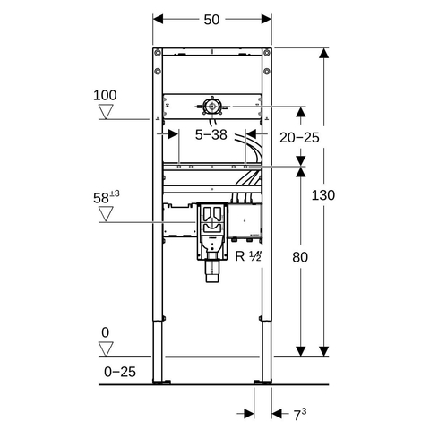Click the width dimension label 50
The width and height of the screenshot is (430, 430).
coord(211,20)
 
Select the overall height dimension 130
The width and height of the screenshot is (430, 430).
coord(323,195)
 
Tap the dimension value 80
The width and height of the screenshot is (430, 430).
coord(300,257)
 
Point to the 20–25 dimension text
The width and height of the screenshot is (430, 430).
coord(299,138)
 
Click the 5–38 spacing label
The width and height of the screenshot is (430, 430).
coord(211,134)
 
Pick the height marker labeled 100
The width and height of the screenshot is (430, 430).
coord(105,95)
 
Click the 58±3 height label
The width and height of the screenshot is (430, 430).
coord(107,197)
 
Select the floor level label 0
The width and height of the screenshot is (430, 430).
coord(106,332)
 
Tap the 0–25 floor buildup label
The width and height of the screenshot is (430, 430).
coord(120,372)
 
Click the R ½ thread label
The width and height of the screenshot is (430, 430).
coord(248,256)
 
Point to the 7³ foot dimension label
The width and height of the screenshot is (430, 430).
coord(299,415)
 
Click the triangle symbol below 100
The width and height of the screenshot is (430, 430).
coord(106,112)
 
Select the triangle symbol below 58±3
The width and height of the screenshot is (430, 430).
coord(106,214)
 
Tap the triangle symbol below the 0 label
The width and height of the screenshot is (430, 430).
coord(106,348)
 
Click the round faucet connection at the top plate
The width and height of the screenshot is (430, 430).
coord(212,107)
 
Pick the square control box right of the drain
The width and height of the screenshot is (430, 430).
coord(245,220)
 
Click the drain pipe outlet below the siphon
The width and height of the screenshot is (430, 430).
coord(212,271)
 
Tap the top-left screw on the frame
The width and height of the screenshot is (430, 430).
coord(158,53)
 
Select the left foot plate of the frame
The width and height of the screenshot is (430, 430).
coord(161,382)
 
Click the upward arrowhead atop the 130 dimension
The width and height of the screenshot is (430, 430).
coord(323,53)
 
